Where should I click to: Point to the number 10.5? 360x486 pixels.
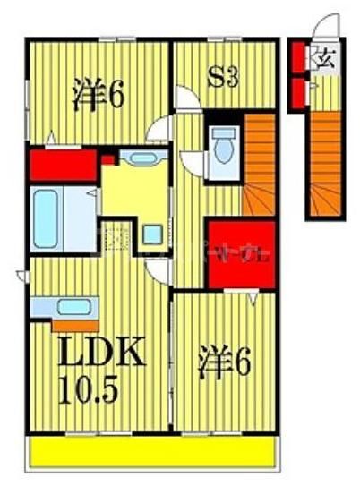87,390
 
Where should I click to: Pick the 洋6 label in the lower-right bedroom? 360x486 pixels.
223,362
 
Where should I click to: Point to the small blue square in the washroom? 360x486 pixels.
152,235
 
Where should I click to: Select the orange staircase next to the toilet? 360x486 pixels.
259,166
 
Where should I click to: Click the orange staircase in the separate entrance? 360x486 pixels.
323,161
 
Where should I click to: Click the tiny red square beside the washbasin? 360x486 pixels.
107,161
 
